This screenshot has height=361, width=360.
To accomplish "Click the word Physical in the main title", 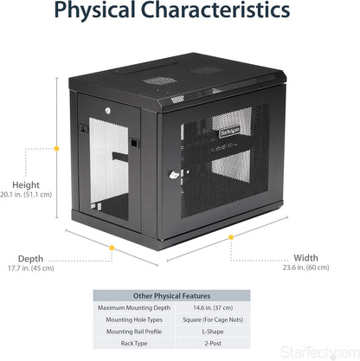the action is click(94, 10).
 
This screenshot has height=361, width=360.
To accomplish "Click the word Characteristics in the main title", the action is click(215, 10).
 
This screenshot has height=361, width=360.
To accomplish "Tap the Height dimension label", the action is click(26, 185).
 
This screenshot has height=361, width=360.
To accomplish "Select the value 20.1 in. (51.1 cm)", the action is click(26, 195).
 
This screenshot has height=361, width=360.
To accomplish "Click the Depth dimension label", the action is click(30, 259).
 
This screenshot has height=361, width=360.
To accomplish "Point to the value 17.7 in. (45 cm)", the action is click(31, 268).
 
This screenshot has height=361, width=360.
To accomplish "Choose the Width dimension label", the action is click(305, 258).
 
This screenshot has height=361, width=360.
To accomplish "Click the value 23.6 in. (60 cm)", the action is click(305, 268).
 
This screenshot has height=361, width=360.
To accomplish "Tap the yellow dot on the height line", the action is click(56, 149).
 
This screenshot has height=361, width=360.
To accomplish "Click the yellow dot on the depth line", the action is click(112, 248).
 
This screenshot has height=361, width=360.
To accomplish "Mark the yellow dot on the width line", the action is click(231, 237).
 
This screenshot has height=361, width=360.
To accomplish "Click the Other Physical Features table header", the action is click(171, 296).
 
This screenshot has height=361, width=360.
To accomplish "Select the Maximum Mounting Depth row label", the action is click(134, 308).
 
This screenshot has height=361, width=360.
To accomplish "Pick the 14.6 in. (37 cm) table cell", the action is click(213, 308).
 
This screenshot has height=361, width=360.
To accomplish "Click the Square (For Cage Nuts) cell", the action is click(213, 319).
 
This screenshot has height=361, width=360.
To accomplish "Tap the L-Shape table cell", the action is click(213, 332).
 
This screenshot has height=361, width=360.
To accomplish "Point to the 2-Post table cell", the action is click(213, 344).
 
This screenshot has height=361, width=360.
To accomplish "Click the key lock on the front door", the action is click(174, 175).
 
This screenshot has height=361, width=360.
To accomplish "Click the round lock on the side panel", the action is click(108, 111).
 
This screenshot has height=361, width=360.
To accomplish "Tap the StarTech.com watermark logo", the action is click(320, 353).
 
